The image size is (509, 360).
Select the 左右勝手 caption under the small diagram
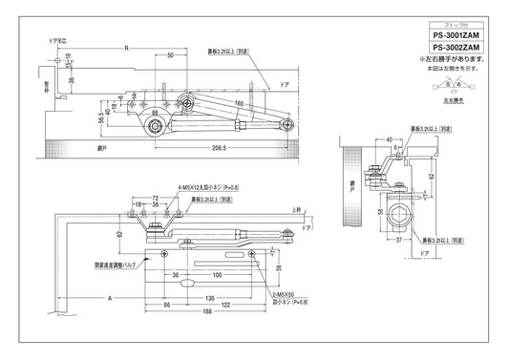tap(441, 98)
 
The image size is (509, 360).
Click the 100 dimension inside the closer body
tap(218, 274)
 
